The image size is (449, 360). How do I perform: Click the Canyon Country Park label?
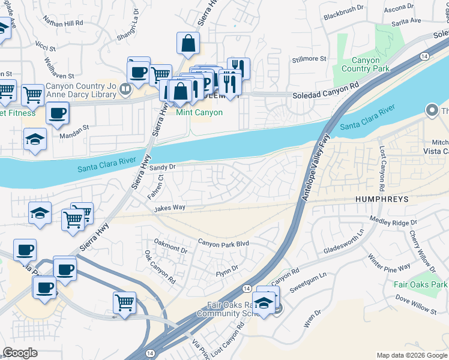click(361, 64)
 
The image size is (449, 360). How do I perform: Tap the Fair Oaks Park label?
click(421, 284)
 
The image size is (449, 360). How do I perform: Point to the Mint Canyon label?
click(199, 112)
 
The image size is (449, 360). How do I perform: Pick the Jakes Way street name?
click(169, 208)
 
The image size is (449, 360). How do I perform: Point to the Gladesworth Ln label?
click(343, 242)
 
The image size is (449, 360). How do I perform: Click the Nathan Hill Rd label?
click(63, 22)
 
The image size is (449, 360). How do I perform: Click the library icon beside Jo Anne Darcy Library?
click(125, 90)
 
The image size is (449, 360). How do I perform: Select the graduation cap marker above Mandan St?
click(35, 139)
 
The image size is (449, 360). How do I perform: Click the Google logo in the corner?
click(20, 353)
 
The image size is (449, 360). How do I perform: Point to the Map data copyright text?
click(411, 355)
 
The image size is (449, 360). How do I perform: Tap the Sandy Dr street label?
click(162, 168)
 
